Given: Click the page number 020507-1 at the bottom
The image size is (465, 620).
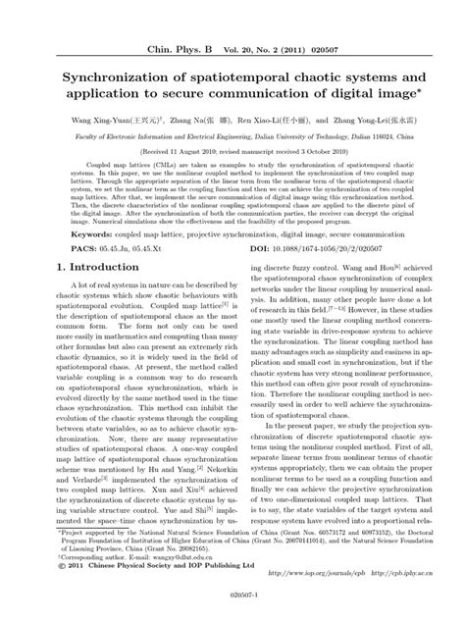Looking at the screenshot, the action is click(x=232, y=614).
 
